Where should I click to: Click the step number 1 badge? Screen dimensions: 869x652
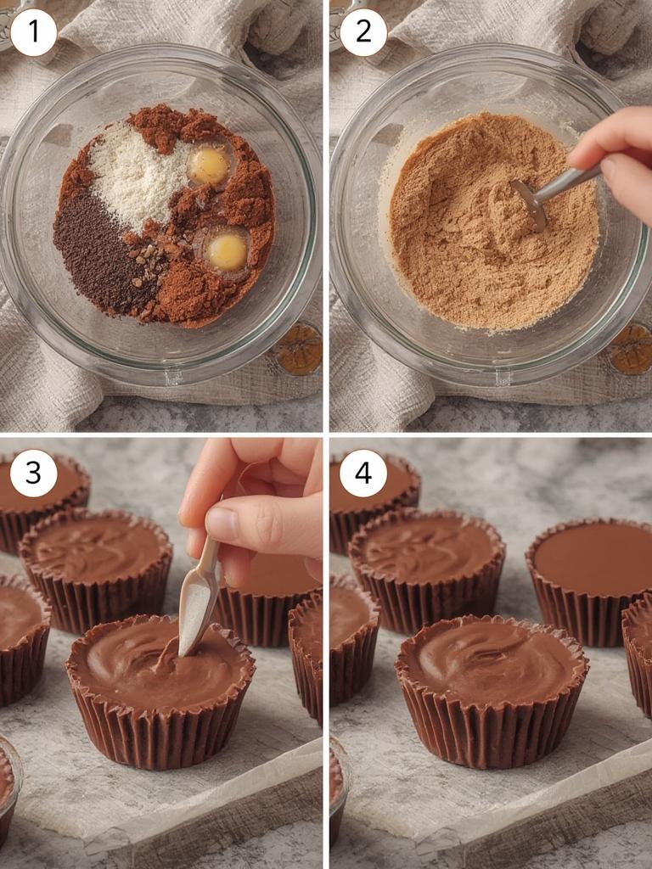tap(34, 33)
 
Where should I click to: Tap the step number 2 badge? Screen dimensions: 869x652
tap(363, 33)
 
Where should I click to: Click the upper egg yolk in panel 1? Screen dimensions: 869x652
tap(209, 165)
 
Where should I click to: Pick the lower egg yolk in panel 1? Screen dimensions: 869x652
tap(228, 251)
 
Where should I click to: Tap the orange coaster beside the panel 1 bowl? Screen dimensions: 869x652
tap(299, 348)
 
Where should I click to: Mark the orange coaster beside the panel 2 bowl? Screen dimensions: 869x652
tap(630, 348)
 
